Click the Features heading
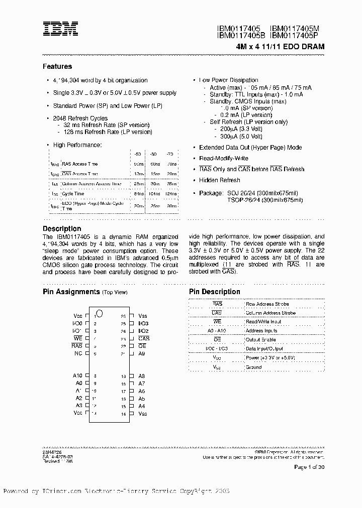tap(57, 66)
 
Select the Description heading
tap(61, 228)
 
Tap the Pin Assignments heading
tap(71, 292)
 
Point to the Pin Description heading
tap(214, 292)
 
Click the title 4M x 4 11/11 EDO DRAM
tap(280, 46)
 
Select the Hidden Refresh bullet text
tap(219, 180)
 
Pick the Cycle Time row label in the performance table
tap(73, 193)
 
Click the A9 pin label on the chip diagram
tap(141, 354)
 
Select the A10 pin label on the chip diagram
tap(77, 376)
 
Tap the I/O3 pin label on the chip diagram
tap(143, 324)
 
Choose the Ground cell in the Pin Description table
tap(253, 367)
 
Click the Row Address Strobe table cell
tap(267, 304)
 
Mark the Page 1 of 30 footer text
tap(309, 467)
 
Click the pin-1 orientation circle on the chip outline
tap(99, 314)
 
